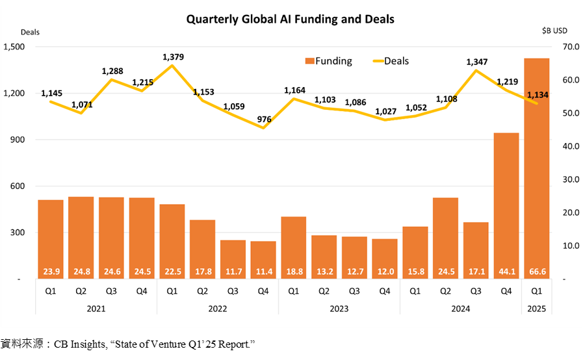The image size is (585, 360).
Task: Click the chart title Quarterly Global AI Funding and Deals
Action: point(290,19)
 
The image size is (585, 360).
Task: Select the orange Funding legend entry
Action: point(328,61)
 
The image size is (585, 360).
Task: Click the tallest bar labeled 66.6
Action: point(536,168)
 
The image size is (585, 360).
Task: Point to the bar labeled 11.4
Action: point(263,259)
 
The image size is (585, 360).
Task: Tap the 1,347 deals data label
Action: point(476,62)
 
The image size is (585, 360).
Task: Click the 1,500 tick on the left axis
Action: point(14,47)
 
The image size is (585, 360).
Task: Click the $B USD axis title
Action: point(554,31)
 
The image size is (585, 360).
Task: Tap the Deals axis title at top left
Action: point(30,31)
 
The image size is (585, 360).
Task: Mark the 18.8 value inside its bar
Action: point(293,270)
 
